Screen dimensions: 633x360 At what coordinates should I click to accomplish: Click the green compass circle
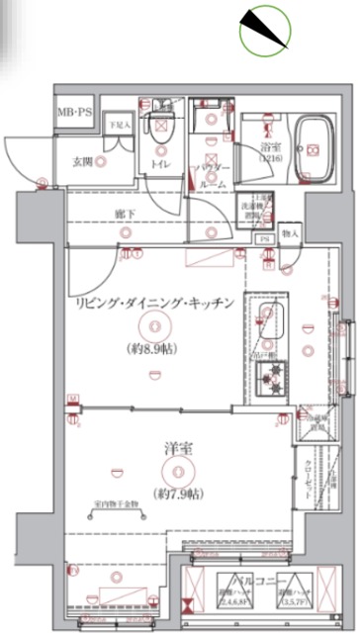(x=265, y=30)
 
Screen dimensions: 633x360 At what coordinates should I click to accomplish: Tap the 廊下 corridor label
(x=124, y=213)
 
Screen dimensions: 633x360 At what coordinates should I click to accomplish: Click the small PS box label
(x=263, y=238)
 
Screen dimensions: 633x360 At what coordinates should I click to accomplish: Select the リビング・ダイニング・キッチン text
(x=158, y=302)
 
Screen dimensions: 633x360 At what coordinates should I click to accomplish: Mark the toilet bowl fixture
(x=162, y=128)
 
